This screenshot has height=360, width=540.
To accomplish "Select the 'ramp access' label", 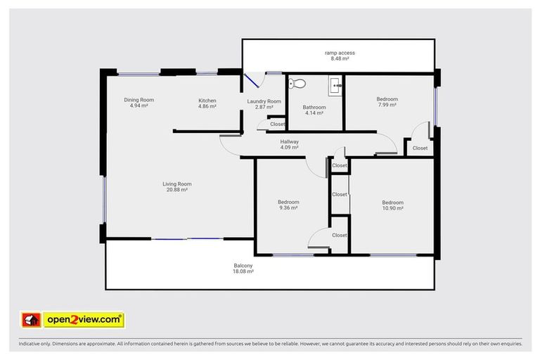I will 340,53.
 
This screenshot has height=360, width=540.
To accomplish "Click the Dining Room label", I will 139,100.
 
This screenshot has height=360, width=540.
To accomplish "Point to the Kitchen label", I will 207,101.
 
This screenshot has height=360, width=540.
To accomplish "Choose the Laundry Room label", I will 264,101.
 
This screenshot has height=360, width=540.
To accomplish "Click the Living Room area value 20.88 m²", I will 179,190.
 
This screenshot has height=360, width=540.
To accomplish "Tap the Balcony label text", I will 243,265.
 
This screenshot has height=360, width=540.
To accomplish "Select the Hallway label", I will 290,141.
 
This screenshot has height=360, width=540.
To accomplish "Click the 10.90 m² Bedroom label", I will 392,202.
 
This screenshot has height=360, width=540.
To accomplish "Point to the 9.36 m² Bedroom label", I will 288,202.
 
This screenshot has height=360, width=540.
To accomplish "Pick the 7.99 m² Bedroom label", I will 387,99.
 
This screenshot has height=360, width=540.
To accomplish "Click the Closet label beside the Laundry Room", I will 277,124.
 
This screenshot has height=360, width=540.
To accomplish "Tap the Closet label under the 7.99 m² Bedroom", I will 420,148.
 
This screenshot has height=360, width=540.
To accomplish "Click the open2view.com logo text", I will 84,320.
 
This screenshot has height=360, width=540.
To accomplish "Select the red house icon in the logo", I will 30,320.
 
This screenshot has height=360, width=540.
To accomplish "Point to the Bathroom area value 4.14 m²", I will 314,112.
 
